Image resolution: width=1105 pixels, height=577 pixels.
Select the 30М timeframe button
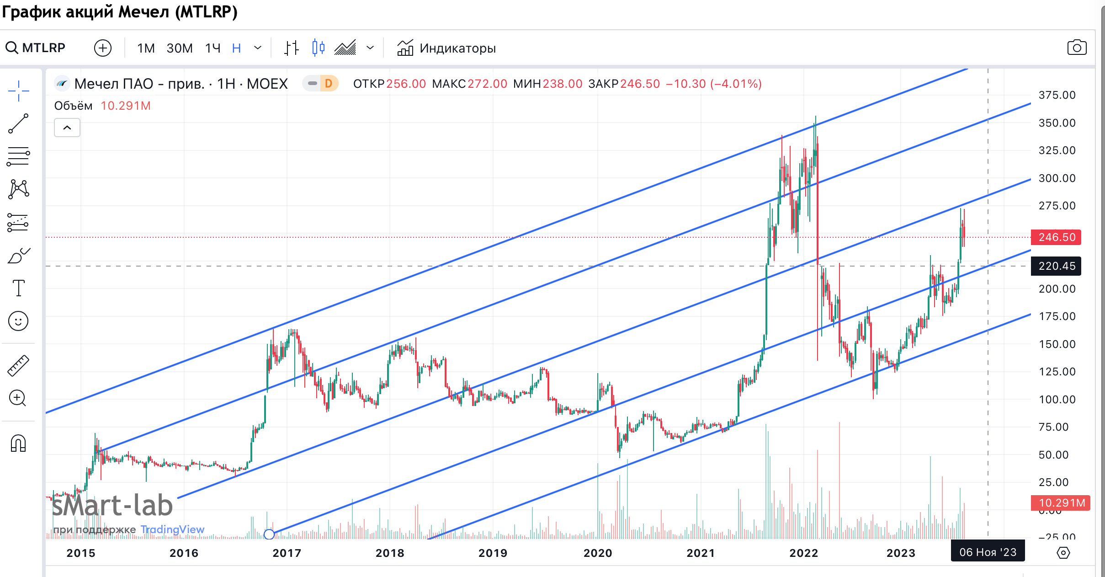180,48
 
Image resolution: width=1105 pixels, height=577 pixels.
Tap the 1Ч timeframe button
212,48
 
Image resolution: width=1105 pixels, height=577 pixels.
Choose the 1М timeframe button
146,48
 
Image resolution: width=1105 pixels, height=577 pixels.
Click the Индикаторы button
446,48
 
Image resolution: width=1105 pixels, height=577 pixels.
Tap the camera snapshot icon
1077,48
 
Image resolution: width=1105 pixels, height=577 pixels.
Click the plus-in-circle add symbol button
103,48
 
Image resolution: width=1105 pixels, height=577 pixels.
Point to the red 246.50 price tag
1056,237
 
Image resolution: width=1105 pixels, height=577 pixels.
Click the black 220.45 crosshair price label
1056,266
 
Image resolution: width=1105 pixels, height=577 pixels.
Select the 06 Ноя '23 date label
988,552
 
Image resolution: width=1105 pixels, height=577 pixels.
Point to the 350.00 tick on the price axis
1057,123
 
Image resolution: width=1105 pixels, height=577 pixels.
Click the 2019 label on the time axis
493,553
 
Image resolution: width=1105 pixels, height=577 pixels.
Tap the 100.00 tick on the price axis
1057,400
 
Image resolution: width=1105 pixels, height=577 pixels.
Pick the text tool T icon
18,288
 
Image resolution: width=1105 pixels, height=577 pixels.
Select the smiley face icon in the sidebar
18,321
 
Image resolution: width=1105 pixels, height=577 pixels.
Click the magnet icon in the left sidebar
18,443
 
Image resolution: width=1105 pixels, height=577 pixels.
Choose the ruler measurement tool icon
18,365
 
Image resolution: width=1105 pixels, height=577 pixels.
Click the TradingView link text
172,529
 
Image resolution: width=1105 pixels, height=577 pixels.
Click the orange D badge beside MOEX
328,84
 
